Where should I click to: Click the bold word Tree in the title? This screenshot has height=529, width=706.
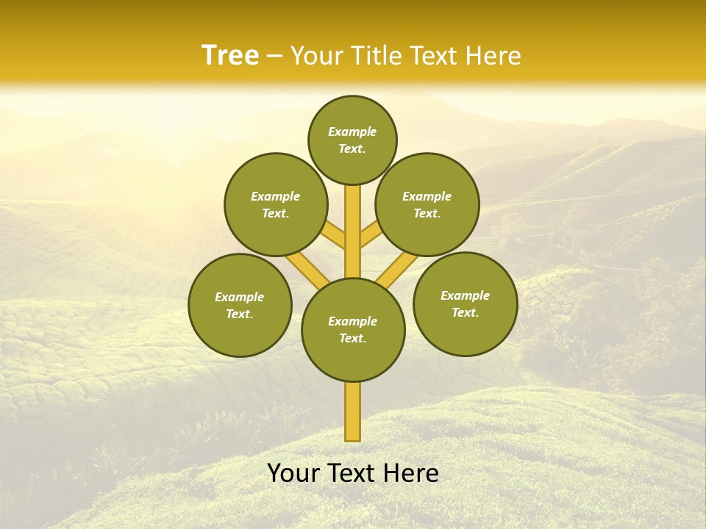[x=230, y=55]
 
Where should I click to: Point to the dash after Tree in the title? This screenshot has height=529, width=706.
[x=274, y=57]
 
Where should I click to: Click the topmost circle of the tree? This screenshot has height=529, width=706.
[x=352, y=140]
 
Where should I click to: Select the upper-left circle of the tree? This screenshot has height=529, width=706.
[x=276, y=204]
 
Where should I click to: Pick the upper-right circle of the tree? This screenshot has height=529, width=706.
[x=427, y=204]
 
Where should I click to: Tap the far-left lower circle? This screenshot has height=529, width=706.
[x=240, y=305]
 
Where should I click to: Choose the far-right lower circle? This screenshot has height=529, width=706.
[x=466, y=303]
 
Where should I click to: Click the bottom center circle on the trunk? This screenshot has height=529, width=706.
[x=353, y=329]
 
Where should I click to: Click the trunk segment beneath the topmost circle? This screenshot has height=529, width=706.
[x=353, y=228]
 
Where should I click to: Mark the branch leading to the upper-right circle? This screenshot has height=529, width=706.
[x=371, y=237]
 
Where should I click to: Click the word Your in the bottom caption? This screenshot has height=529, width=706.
[x=293, y=473]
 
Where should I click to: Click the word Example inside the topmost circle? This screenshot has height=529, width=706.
[x=352, y=132]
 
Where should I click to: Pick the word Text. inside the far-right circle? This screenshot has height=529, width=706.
[x=465, y=312]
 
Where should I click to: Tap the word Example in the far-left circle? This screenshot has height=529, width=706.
[x=239, y=297]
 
